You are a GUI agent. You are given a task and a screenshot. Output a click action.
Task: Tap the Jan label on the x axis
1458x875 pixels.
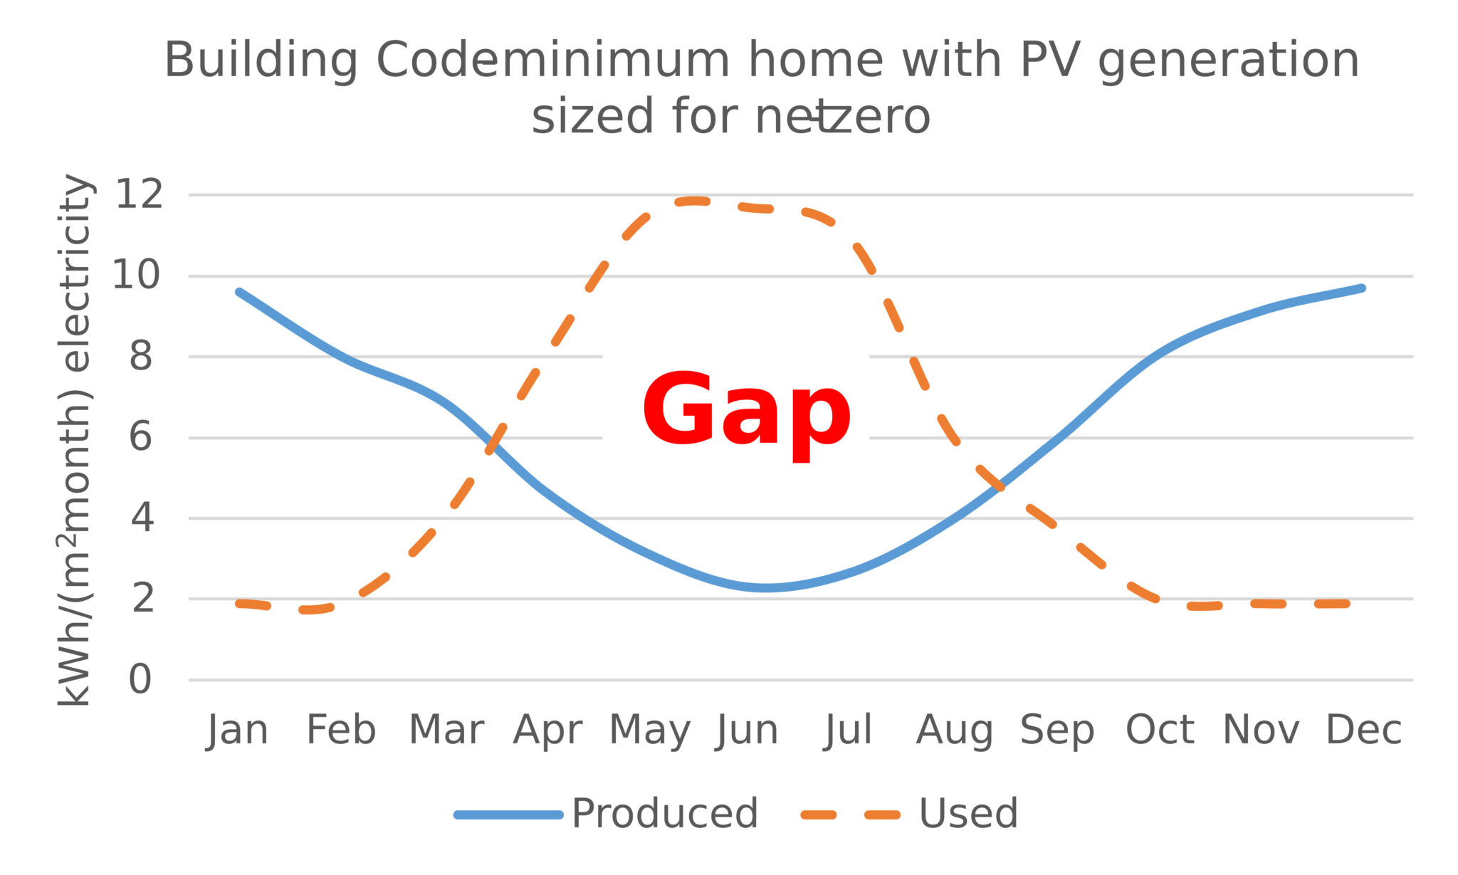click(237, 730)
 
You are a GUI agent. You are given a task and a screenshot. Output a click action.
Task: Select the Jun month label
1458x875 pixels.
click(747, 730)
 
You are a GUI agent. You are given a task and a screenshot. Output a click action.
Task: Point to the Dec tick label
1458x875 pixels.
click(1363, 730)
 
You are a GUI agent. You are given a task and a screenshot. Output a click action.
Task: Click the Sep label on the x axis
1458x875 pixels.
click(1056, 730)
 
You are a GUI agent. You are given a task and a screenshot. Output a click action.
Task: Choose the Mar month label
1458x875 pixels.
click(446, 730)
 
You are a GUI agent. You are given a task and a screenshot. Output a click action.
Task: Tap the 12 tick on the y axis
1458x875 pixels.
click(139, 194)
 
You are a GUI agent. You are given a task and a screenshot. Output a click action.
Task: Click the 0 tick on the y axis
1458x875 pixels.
click(140, 680)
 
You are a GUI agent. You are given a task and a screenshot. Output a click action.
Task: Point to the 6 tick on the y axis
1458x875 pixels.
click(140, 437)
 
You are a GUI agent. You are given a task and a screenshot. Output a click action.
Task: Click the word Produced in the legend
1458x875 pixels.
click(664, 814)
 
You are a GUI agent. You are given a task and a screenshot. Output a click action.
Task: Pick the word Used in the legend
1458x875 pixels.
click(968, 814)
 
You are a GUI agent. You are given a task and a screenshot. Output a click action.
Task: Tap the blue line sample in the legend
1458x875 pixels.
click(508, 814)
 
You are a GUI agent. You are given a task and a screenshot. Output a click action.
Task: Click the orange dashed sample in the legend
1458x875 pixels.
click(850, 814)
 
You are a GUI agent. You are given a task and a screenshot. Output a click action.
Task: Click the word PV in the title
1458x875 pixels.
click(1051, 60)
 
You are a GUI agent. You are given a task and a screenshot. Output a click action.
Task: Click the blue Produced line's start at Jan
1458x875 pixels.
click(239, 292)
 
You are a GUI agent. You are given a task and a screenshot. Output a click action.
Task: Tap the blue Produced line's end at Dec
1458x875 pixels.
click(1362, 288)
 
